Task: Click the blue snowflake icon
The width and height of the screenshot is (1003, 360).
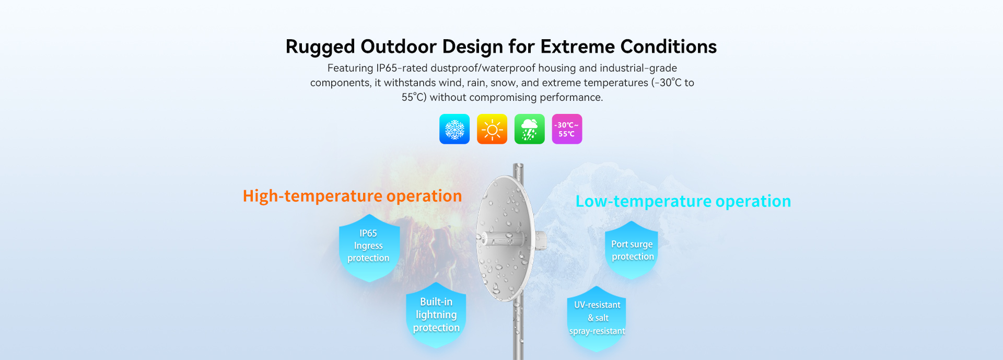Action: [x=454, y=129]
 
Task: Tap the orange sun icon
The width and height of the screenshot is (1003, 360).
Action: [x=492, y=129]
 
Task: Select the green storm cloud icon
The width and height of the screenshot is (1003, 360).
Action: [x=530, y=129]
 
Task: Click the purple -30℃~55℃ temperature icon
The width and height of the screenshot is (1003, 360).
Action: [x=567, y=129]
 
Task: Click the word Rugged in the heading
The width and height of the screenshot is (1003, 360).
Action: [x=320, y=47]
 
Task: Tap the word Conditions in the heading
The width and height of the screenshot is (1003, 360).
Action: [x=669, y=47]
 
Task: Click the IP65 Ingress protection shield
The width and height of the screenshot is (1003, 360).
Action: [x=369, y=248]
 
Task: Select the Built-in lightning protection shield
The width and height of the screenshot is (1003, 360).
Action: [x=436, y=315]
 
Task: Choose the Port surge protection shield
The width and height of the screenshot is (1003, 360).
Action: [x=632, y=250]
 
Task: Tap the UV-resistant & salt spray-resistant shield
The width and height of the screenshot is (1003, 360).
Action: [x=597, y=318]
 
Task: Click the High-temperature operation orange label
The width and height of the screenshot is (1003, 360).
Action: [x=353, y=196]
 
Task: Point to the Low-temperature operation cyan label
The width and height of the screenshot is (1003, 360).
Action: [x=683, y=201]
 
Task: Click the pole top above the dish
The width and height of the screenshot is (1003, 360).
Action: [x=518, y=168]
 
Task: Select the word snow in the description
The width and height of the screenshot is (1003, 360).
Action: [x=503, y=83]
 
